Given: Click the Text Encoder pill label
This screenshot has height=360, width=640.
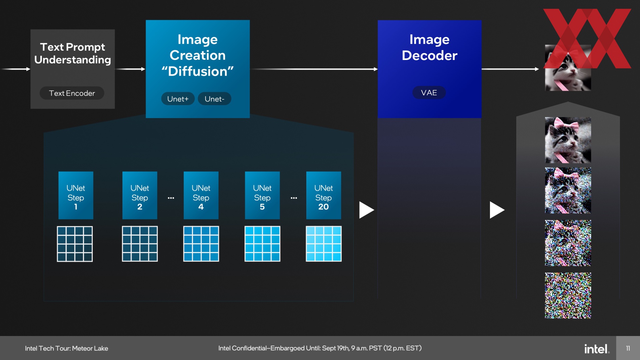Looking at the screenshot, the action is tap(72, 93).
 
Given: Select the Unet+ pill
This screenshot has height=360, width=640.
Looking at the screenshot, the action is tap(178, 99).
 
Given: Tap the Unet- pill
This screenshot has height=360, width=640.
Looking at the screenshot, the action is tap(214, 99).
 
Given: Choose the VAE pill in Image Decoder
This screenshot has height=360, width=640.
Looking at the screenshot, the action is tap(429, 93).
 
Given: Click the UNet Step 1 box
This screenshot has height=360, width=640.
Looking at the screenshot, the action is tap(76, 195).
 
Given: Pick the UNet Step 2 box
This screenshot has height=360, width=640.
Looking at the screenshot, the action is tap(140, 195).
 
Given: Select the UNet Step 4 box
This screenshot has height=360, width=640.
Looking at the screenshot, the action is tap(201, 195).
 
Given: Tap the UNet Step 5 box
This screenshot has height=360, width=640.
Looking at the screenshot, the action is tap(262, 195).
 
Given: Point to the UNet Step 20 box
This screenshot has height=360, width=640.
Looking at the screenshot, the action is tap(324, 195).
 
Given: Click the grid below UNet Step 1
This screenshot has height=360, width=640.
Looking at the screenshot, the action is tap(75, 244).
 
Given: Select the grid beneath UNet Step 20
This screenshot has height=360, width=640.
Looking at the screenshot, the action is tap(324, 244).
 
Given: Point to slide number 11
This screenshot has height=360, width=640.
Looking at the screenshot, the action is tap(628, 348).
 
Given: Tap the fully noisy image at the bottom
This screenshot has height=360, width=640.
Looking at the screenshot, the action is tap(568, 296).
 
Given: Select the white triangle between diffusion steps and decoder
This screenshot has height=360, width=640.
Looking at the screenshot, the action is tap(366, 210).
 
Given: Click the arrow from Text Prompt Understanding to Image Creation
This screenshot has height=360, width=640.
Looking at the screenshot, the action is tap(130, 69).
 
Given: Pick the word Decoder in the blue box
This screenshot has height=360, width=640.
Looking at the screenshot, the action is tap(430, 55).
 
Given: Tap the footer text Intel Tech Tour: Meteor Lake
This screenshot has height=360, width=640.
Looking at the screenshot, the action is tap(66, 348).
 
